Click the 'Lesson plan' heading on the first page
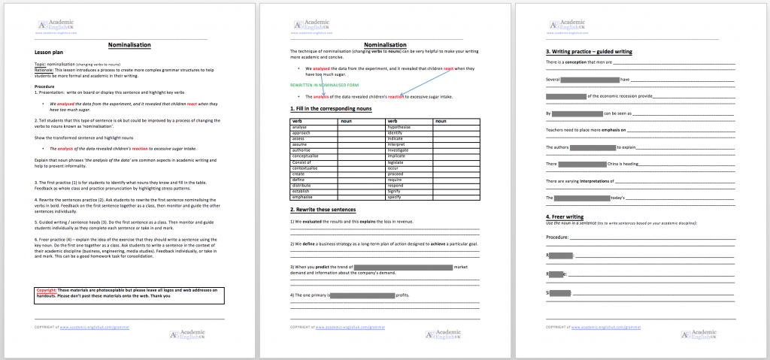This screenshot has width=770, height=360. pos(49,52)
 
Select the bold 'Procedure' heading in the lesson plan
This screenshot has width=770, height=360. pos(45,86)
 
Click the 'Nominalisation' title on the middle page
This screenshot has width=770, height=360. pos(385,44)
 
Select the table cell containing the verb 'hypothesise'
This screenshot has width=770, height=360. pos(400,128)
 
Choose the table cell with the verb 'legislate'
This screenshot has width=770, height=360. pos(399,162)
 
